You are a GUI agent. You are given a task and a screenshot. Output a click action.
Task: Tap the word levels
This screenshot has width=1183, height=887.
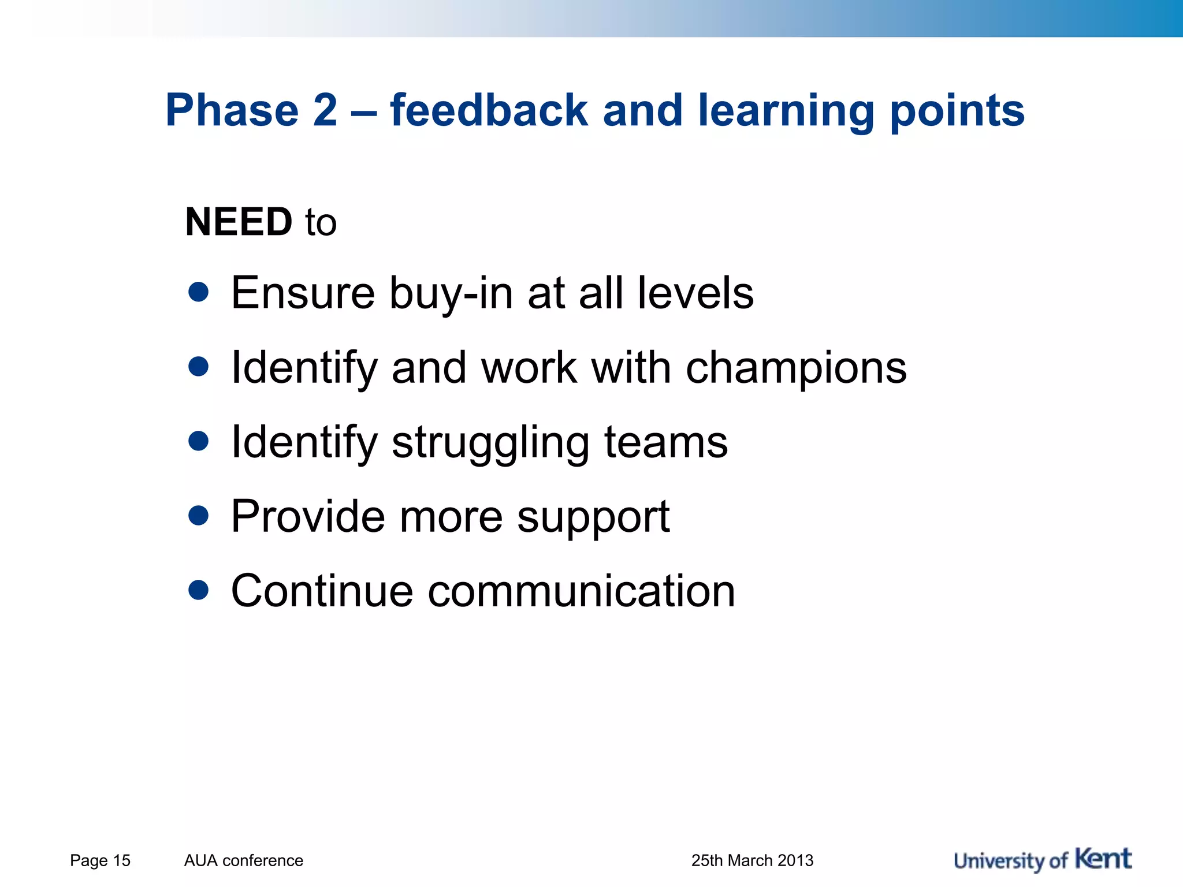point(695,293)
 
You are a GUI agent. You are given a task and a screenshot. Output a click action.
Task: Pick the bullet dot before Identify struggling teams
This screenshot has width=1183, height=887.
point(198,441)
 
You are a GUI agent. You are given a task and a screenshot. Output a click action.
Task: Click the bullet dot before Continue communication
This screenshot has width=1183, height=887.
point(198,590)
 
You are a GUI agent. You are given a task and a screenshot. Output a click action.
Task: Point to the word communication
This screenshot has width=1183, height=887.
point(581,591)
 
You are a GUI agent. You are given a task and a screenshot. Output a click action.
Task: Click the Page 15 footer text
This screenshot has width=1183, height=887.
point(100,860)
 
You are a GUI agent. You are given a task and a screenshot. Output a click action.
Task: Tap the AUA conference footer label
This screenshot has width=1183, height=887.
point(243,860)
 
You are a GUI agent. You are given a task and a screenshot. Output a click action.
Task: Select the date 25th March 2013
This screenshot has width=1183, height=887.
point(752,860)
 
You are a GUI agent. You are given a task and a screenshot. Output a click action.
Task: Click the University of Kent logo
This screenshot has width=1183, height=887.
point(1042,860)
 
